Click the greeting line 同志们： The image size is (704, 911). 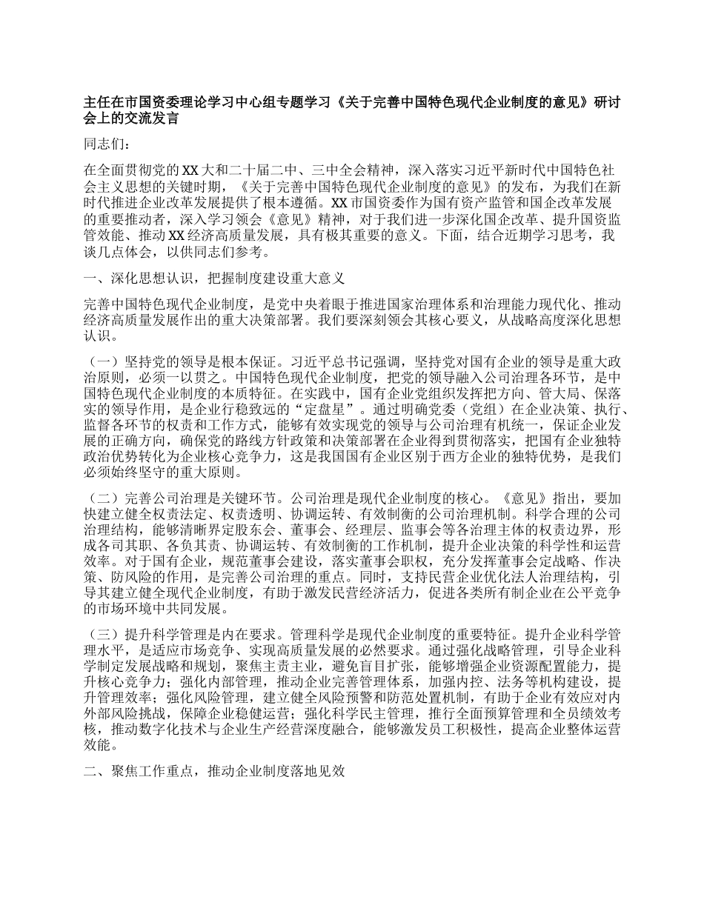(107, 144)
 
